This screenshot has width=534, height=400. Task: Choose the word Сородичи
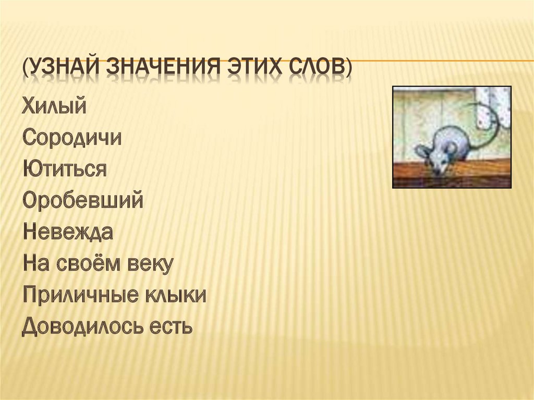pos(72,138)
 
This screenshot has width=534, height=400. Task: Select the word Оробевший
pos(83,201)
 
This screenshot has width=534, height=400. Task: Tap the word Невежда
pos(68,232)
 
